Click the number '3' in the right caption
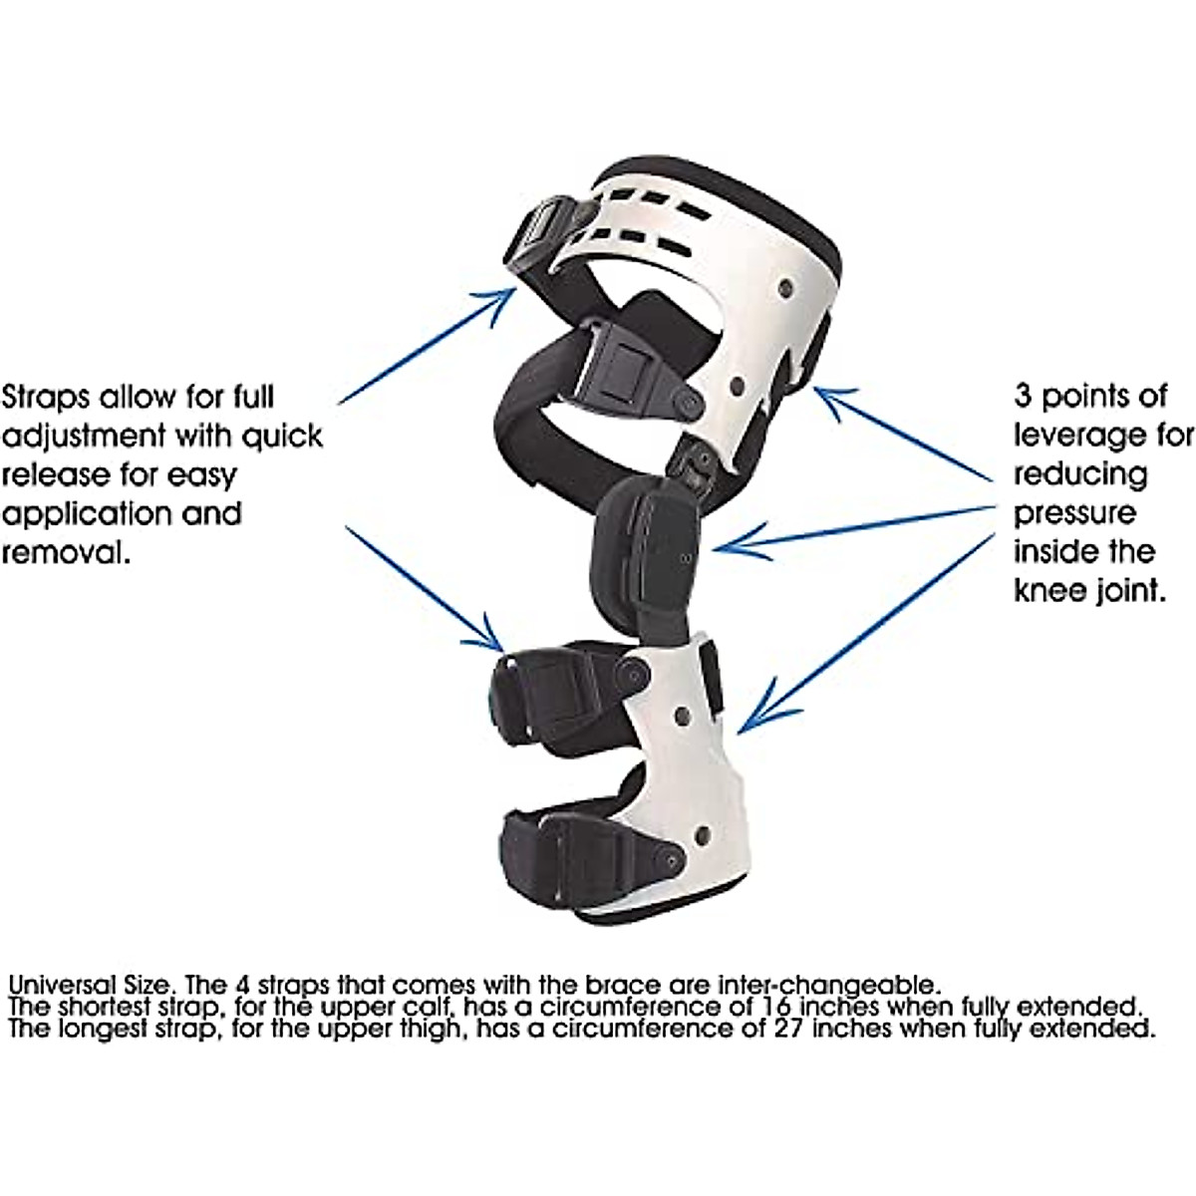click(1024, 397)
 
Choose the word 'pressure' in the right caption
click(1074, 513)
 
